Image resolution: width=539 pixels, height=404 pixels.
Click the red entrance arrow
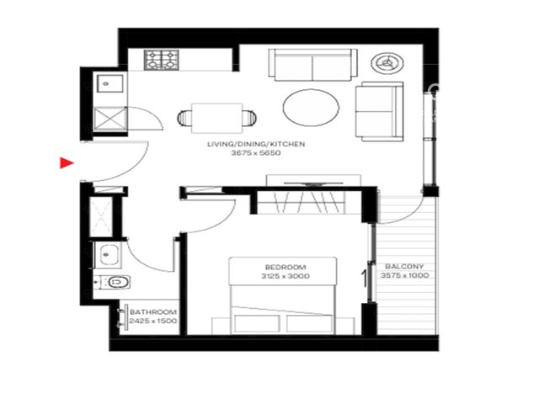click(67, 162)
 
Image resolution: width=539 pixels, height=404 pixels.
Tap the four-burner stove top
click(161, 60)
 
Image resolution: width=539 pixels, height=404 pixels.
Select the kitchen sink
click(110, 83)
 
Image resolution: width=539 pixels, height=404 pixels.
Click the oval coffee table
click(311, 108)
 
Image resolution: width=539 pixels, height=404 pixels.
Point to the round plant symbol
click(387, 63)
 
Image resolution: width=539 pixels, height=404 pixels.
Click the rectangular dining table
click(217, 118)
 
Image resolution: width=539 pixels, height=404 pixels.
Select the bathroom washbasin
click(108, 255)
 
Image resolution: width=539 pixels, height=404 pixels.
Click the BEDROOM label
click(286, 267)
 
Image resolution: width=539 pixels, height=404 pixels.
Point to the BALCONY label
click(404, 266)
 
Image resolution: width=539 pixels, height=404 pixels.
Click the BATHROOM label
click(153, 312)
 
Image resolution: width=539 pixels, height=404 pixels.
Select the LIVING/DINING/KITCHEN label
click(256, 144)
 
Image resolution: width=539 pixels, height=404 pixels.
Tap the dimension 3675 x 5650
click(256, 153)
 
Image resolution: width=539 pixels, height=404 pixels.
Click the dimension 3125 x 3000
click(286, 276)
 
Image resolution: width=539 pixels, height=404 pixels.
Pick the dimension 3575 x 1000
click(404, 275)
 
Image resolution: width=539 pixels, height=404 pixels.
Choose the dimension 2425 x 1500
click(153, 321)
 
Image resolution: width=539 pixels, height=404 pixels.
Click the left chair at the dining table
click(185, 118)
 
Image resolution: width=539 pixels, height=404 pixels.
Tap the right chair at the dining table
click(249, 118)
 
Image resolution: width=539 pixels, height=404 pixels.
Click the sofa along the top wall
click(312, 65)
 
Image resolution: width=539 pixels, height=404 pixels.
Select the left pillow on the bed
click(257, 323)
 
